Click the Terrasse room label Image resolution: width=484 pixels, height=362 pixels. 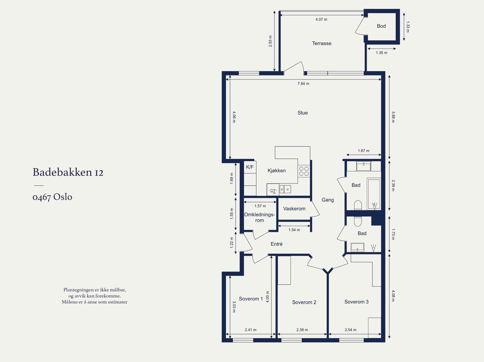(322, 44)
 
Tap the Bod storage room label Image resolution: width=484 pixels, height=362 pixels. (381, 26)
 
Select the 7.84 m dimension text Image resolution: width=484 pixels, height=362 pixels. (303, 84)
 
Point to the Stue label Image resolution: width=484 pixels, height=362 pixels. (302, 113)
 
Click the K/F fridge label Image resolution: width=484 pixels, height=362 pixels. (250, 167)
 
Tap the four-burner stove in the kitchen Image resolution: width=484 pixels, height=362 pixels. (304, 172)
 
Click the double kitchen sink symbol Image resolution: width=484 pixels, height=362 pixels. (285, 189)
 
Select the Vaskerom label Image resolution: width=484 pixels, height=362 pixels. (294, 208)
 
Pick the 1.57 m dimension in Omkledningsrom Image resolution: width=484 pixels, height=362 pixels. (260, 206)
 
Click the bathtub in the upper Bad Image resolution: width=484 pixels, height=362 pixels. (374, 194)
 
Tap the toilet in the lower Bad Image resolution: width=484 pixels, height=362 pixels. (358, 221)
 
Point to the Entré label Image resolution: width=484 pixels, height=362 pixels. (276, 244)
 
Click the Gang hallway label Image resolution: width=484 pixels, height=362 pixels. (328, 200)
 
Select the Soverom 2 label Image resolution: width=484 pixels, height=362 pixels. (304, 302)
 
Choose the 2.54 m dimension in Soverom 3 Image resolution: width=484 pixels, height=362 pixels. (351, 330)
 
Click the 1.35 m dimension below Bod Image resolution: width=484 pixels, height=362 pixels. (381, 53)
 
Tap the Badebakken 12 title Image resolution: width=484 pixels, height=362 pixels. (68, 172)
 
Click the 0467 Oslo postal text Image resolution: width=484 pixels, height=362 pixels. (52, 197)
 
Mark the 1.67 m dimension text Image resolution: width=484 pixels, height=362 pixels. (363, 151)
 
